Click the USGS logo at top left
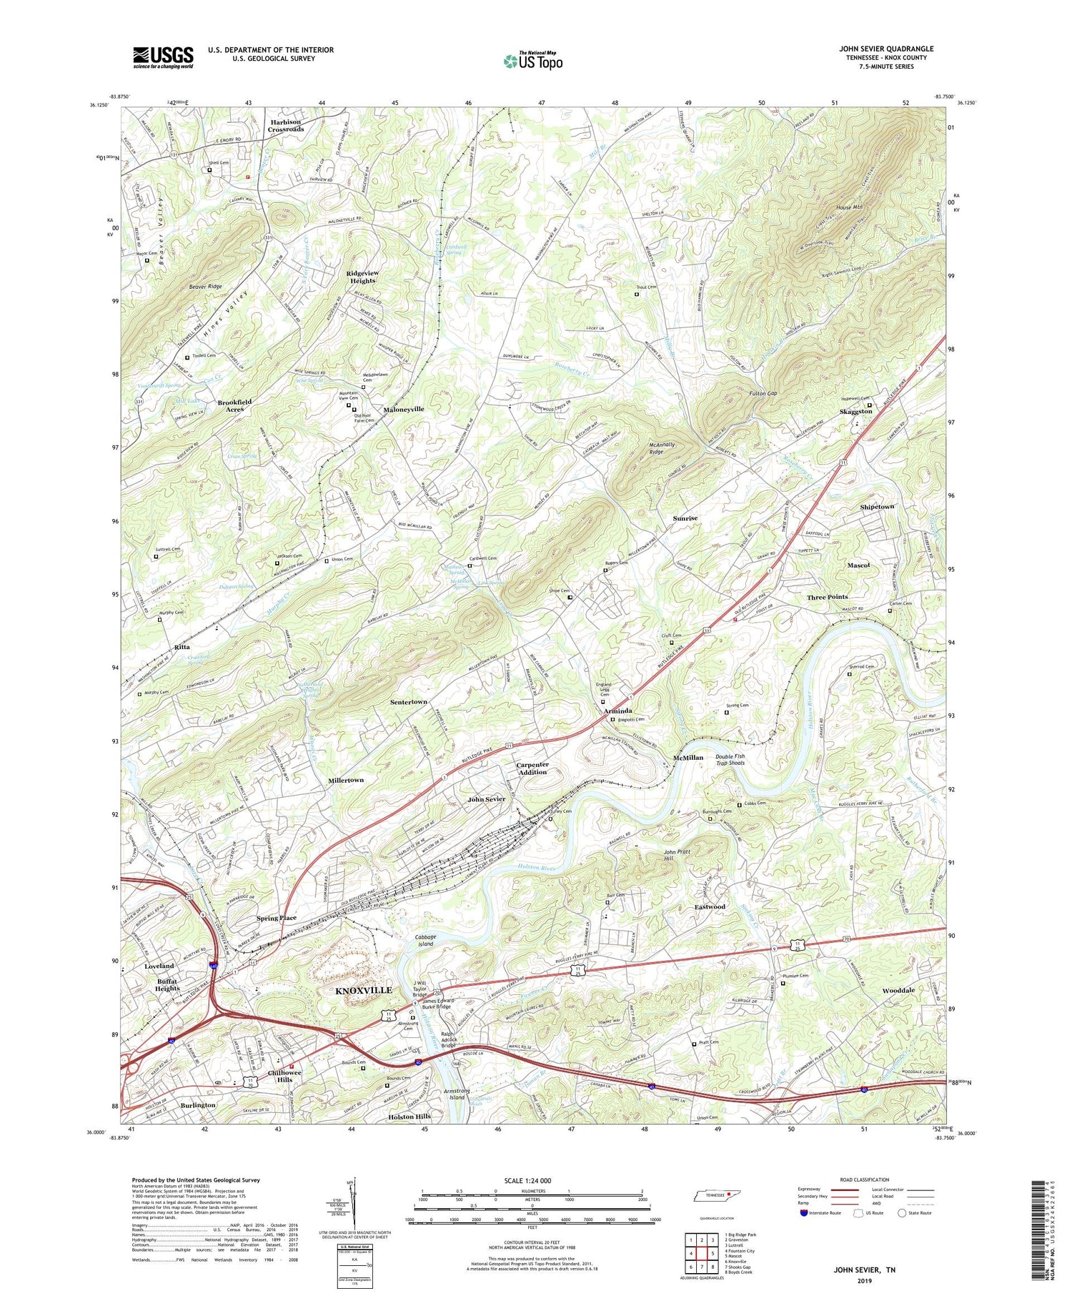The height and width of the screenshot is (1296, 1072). pyautogui.click(x=162, y=57)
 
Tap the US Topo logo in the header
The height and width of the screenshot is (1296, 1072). pyautogui.click(x=533, y=61)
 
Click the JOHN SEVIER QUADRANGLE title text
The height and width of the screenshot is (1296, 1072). pyautogui.click(x=885, y=49)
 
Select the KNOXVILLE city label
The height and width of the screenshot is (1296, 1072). pyautogui.click(x=364, y=990)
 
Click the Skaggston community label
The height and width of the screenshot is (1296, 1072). pyautogui.click(x=855, y=412)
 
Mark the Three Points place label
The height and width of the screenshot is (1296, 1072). pyautogui.click(x=827, y=597)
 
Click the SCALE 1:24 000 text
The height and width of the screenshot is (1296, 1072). pyautogui.click(x=532, y=1180)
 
